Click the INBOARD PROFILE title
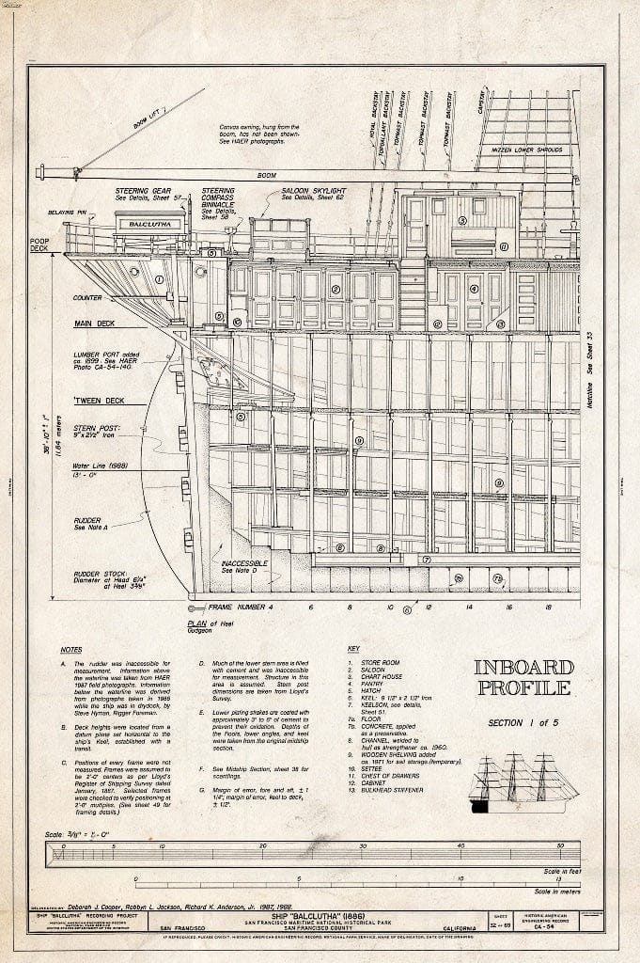coord(523,676)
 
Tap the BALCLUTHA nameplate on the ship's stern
coord(150,225)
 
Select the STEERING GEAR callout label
coord(142,191)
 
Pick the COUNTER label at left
coord(87,298)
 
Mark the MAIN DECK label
coord(94,324)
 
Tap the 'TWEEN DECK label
coord(96,401)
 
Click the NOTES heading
coord(71,650)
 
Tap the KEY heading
coord(353,649)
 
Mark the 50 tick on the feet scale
coord(560,845)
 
